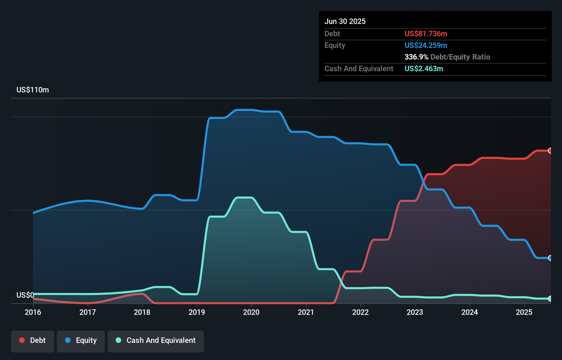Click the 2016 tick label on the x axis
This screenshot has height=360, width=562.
click(x=33, y=312)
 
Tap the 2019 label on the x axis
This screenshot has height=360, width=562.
click(x=197, y=312)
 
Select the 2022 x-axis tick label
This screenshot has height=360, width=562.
click(x=360, y=312)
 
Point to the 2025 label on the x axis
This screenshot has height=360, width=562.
click(x=524, y=312)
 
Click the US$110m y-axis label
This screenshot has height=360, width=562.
click(x=33, y=90)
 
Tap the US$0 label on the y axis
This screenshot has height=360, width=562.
click(x=25, y=295)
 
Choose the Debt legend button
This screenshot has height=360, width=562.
click(x=33, y=340)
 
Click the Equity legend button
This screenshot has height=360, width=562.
click(x=81, y=340)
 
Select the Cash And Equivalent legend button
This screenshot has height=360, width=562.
click(x=156, y=340)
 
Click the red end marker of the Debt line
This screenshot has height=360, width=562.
click(x=550, y=151)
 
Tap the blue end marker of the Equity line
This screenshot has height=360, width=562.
click(x=550, y=258)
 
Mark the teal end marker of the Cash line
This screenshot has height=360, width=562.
click(x=550, y=299)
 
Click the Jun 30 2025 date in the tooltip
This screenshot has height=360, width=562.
click(x=345, y=22)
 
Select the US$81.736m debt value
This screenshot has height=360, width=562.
click(x=426, y=34)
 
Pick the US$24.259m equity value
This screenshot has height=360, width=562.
click(x=426, y=46)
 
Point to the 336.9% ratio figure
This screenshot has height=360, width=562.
click(x=416, y=57)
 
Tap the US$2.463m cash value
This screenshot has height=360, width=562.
click(x=424, y=69)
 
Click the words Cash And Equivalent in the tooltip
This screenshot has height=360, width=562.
click(x=359, y=69)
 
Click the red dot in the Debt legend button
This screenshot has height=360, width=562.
click(x=22, y=340)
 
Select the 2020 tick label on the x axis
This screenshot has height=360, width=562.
click(x=251, y=312)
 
